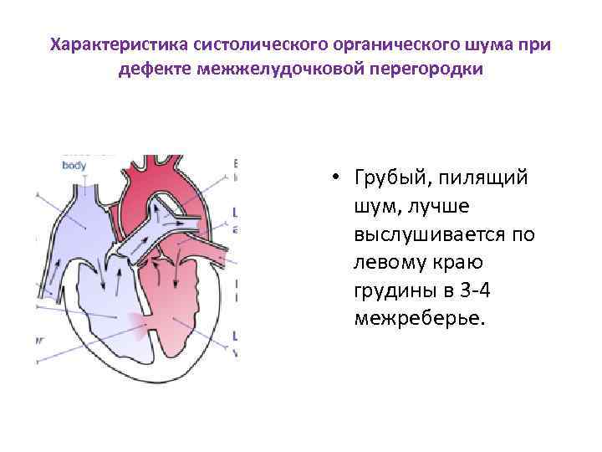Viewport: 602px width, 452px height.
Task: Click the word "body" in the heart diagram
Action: click(74, 165)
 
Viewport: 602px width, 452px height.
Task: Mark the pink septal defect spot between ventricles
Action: click(135, 318)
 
